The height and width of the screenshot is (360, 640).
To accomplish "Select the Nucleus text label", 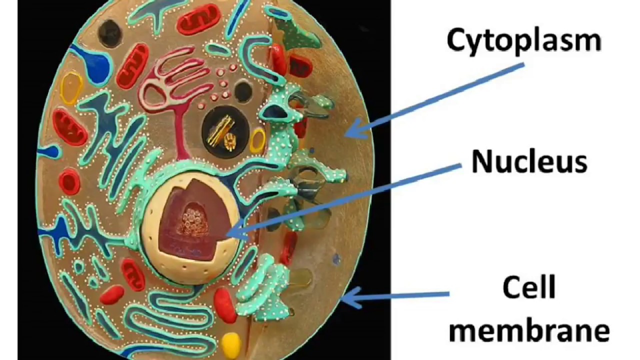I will pyautogui.click(x=529, y=162).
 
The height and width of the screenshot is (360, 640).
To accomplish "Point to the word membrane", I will pyautogui.click(x=528, y=331).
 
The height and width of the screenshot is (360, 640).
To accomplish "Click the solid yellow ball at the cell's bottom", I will pyautogui.click(x=231, y=343).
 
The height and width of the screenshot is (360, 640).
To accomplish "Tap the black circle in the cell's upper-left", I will pyautogui.click(x=110, y=33).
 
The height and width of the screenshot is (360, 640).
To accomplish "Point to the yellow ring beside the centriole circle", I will pyautogui.click(x=257, y=140).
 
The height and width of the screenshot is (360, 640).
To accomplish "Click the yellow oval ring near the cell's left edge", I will pyautogui.click(x=71, y=88).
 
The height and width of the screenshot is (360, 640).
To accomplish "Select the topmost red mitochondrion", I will pyautogui.click(x=198, y=19).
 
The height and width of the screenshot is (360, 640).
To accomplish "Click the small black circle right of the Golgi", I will pyautogui.click(x=243, y=92).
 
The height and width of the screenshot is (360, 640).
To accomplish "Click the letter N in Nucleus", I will pyautogui.click(x=481, y=162).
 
